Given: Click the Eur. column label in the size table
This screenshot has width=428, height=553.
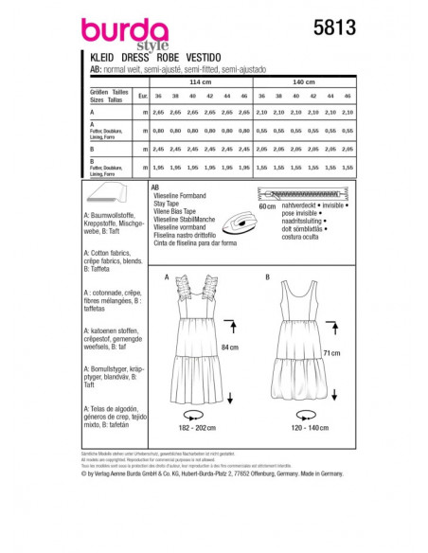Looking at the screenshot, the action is tap(141, 97).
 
